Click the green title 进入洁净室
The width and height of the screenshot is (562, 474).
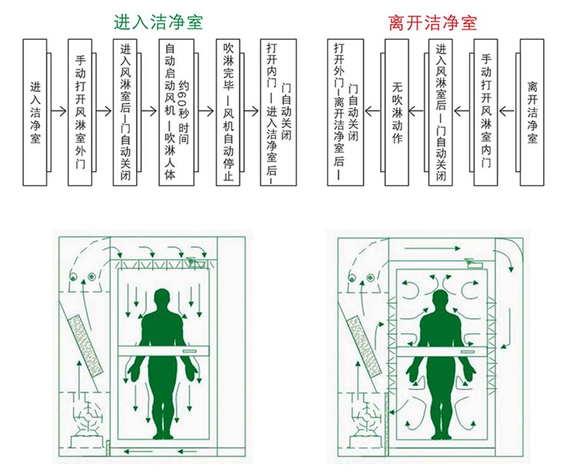pyautogui.click(x=158, y=22)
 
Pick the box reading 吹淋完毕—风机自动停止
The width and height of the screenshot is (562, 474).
pyautogui.click(x=228, y=112)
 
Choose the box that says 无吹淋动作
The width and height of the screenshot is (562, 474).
pyautogui.click(x=396, y=112)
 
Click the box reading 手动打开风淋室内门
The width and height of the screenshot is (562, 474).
pyautogui.click(x=485, y=112)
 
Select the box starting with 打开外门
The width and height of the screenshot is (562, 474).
pyautogui.click(x=346, y=112)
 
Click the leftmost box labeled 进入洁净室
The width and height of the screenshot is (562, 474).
pyautogui.click(x=35, y=112)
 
